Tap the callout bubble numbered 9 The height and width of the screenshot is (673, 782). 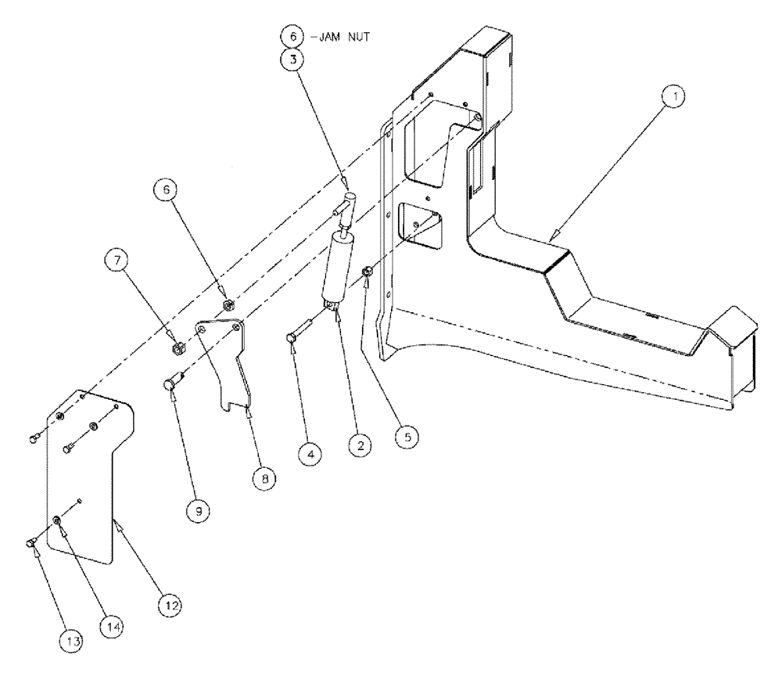tap(197, 510)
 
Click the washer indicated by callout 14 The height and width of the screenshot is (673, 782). tap(58, 521)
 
